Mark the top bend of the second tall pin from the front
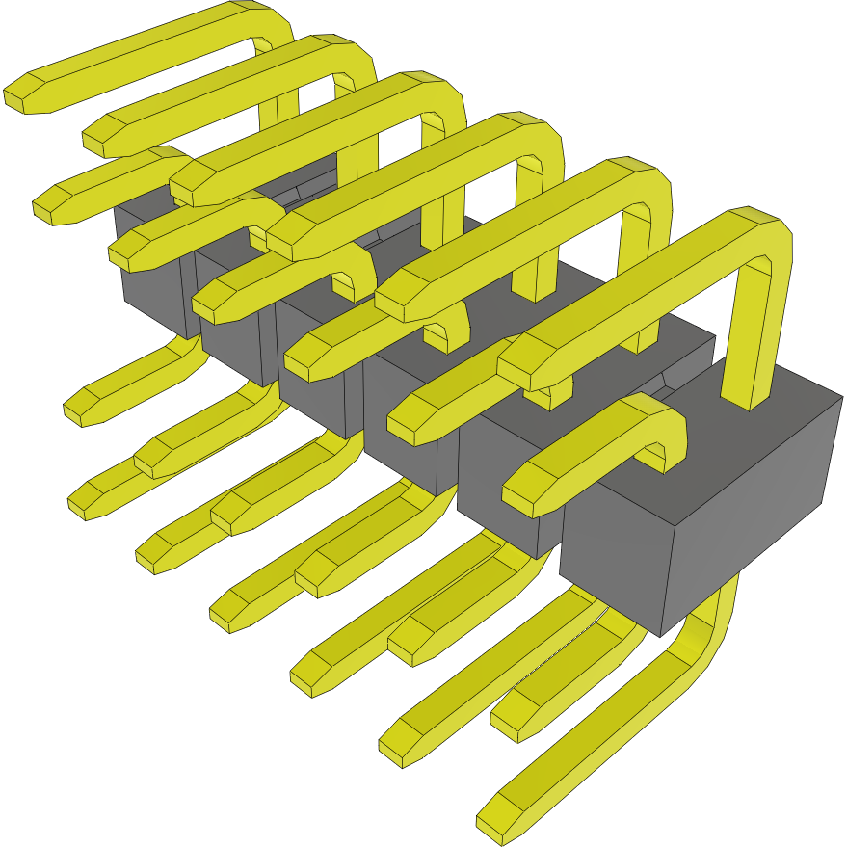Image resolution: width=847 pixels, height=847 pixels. point(646,183)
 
